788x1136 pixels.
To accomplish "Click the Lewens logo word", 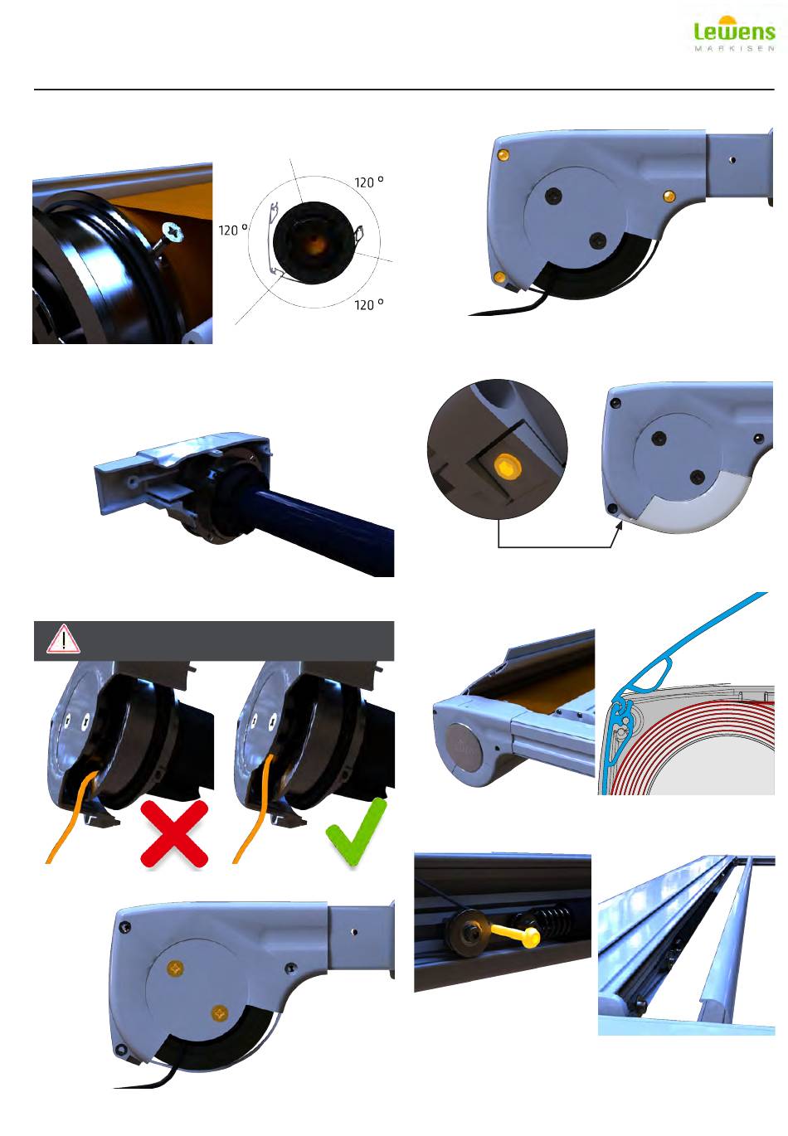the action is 734,31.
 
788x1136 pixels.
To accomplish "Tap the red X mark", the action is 174,833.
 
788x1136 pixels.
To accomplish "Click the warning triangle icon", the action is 63,639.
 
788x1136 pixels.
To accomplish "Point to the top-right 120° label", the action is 369,182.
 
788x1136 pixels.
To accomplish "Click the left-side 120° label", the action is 233,230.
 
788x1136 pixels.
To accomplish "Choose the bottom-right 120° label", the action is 369,304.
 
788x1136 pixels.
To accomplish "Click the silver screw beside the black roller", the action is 172,236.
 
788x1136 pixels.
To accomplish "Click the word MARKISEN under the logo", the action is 734,49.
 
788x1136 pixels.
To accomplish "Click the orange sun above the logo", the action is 727,19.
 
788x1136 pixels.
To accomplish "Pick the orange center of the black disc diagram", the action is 315,243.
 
